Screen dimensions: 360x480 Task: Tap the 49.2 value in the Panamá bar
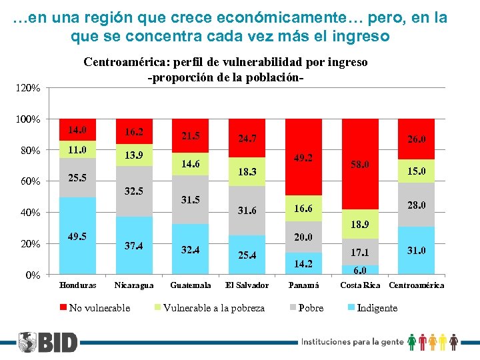pos(303,158)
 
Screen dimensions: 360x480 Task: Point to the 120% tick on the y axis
pos(29,88)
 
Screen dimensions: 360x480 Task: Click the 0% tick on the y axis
pos(32,275)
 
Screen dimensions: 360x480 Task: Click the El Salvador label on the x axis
pos(247,285)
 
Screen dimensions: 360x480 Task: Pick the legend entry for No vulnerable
pos(95,307)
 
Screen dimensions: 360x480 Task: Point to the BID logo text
pos(57,343)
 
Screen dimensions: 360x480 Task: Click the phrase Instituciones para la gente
pos(353,342)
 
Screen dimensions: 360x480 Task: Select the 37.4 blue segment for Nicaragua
pos(134,246)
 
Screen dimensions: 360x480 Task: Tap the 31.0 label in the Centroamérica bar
pos(416,251)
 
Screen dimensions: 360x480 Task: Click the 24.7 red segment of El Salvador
pos(247,139)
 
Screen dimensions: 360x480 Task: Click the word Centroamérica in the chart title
pos(124,62)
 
